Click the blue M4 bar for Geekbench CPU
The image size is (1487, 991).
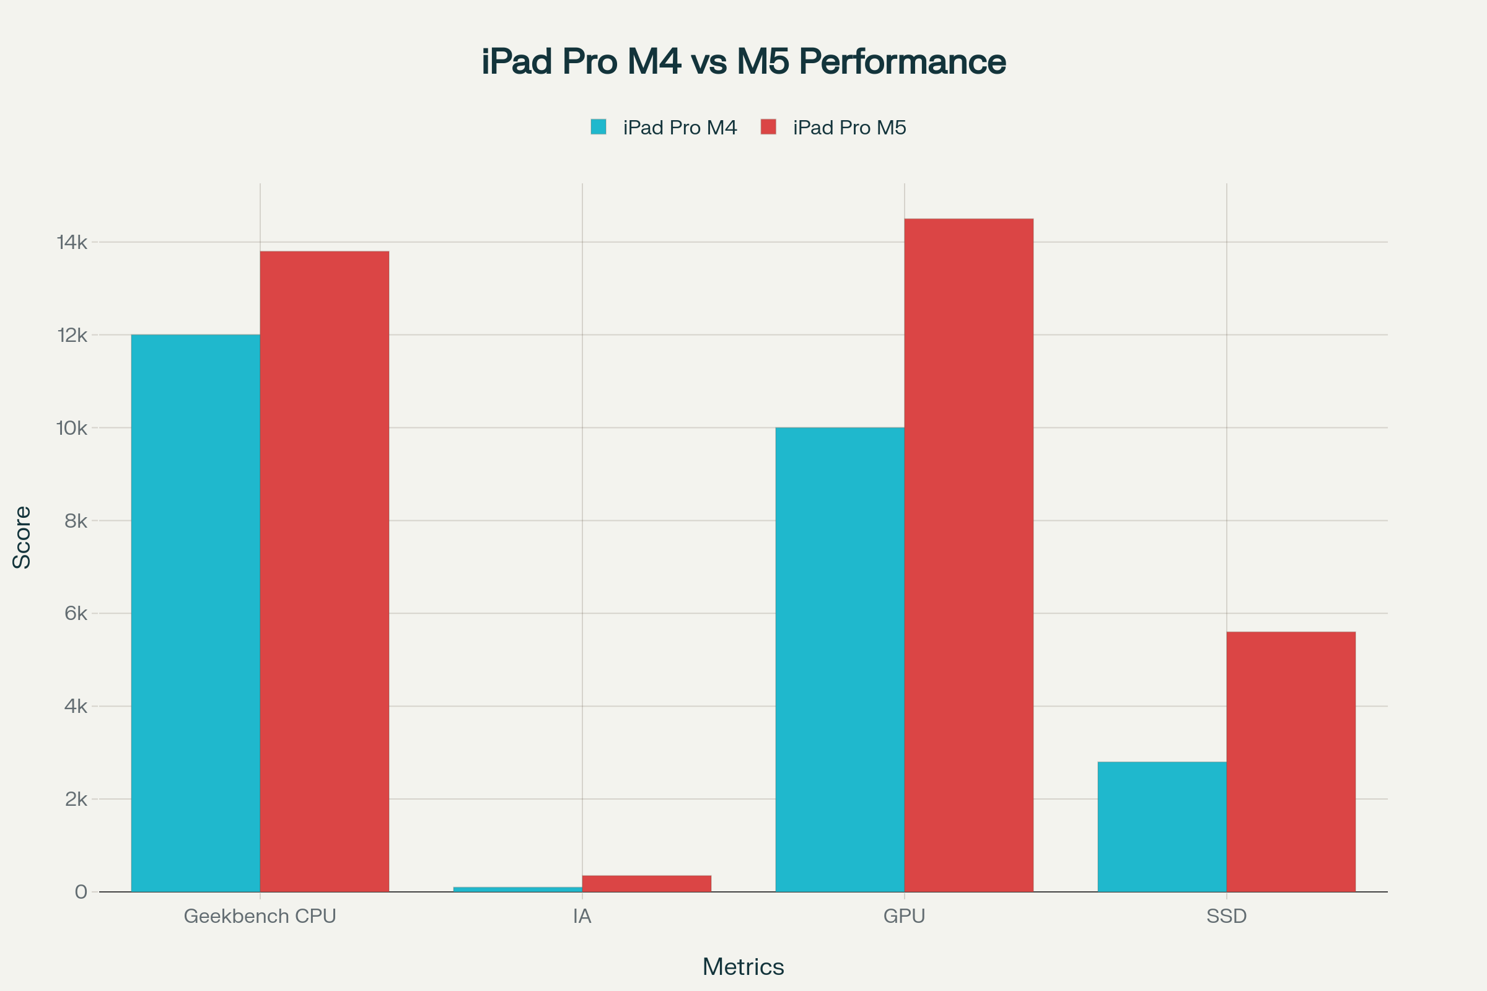[195, 613]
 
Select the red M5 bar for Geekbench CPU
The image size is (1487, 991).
[324, 571]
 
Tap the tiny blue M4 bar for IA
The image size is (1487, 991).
[517, 889]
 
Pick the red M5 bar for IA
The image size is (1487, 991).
[646, 884]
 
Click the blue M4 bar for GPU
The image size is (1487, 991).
[840, 659]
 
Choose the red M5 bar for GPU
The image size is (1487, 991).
[968, 555]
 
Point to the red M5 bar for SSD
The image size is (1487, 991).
[1291, 762]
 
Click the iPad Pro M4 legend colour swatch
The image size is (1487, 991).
[598, 127]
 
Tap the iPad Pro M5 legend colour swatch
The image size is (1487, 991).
[768, 127]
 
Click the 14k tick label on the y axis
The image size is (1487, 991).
[72, 242]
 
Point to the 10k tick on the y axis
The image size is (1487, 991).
[72, 428]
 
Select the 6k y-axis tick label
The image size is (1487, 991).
[76, 613]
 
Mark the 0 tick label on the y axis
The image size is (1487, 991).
[81, 892]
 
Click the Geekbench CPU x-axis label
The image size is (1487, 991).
[260, 917]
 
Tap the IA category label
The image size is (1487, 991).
[582, 917]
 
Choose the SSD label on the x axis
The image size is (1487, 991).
[1226, 917]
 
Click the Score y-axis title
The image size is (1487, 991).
[22, 537]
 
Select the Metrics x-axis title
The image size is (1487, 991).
[743, 967]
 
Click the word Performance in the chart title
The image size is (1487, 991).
[902, 62]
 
